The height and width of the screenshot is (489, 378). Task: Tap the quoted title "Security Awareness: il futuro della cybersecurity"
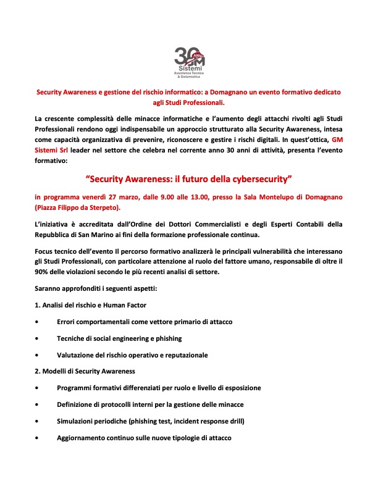(x=188, y=179)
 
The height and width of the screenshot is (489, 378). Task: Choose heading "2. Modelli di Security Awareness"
(x=85, y=371)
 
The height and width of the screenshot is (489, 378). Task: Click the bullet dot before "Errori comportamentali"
(x=38, y=322)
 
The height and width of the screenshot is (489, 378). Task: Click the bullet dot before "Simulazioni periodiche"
(x=38, y=421)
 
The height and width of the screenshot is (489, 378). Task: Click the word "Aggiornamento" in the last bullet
(x=81, y=437)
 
